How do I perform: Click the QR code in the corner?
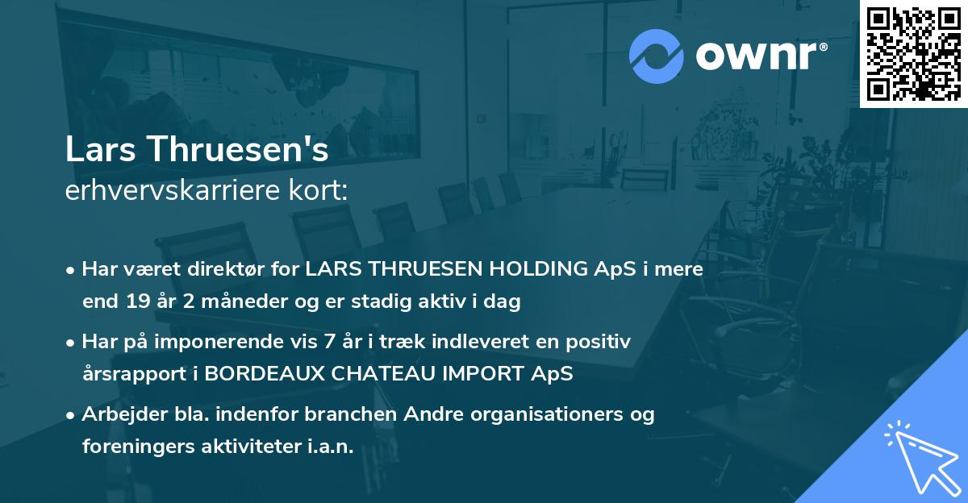point(913,53)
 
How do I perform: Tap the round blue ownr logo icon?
point(656,56)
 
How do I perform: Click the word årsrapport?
point(129,375)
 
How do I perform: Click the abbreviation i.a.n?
point(331,447)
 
